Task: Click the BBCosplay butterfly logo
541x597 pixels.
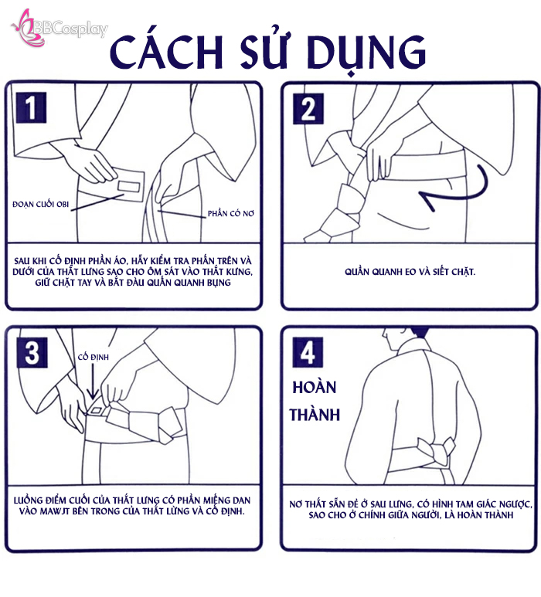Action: [28, 28]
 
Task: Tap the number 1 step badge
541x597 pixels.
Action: [31, 107]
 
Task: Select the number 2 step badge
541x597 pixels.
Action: [308, 109]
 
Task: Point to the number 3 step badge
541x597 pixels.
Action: [32, 352]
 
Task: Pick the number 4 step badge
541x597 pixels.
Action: [308, 352]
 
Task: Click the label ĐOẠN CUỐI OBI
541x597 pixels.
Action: [41, 204]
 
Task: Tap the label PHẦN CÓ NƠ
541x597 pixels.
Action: [231, 213]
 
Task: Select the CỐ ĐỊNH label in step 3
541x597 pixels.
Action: [94, 357]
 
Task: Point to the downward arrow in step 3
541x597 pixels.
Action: [92, 382]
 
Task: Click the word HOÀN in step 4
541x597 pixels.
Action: [315, 387]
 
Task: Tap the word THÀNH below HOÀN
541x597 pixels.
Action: [315, 415]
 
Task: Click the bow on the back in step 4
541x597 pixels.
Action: [436, 452]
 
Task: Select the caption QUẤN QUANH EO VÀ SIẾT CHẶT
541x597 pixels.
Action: [410, 271]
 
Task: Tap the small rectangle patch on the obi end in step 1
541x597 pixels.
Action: [129, 187]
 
